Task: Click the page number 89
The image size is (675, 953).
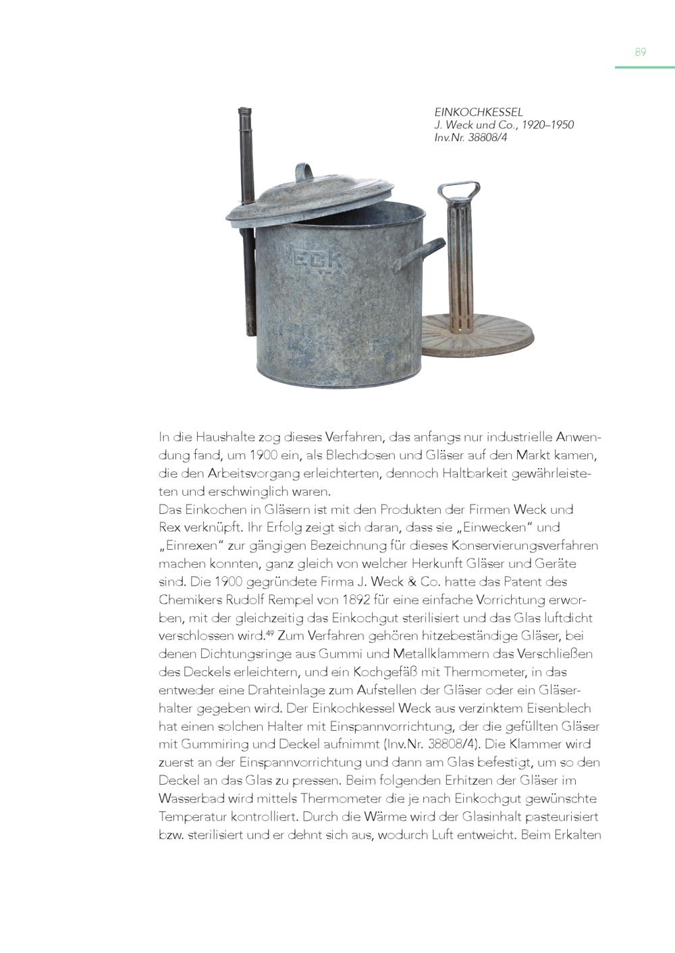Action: [x=640, y=53]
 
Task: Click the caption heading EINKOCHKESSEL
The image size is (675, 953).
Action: [x=478, y=113]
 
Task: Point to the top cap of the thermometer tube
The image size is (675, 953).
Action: [x=245, y=111]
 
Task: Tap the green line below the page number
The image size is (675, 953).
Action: [x=644, y=68]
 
